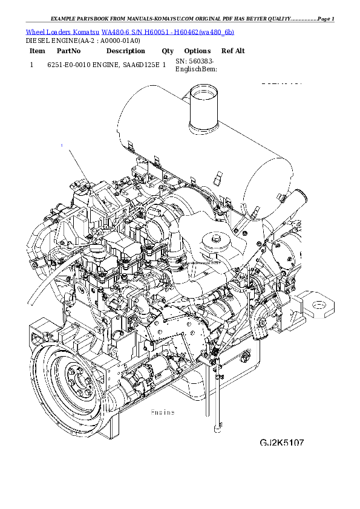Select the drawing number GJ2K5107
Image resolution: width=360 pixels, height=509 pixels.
tap(282, 443)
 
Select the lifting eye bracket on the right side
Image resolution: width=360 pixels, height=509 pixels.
tap(317, 305)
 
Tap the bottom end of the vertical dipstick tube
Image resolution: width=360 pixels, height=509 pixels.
tap(217, 430)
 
